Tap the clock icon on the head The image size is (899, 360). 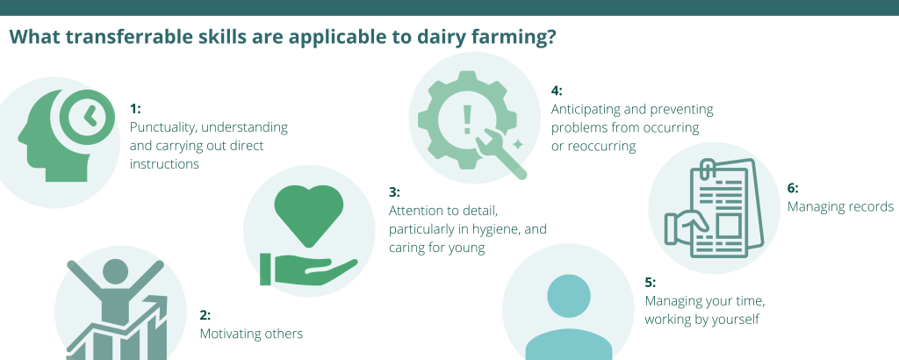[87, 117]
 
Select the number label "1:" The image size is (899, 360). [135, 108]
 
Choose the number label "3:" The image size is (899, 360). [394, 192]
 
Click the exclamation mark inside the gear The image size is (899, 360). [467, 119]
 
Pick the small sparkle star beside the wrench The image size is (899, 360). [517, 145]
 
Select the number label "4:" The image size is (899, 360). [557, 90]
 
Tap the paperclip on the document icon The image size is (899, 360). [708, 169]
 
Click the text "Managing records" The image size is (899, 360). [840, 207]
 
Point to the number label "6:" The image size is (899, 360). [793, 188]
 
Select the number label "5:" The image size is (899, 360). [651, 283]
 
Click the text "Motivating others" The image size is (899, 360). [251, 334]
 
